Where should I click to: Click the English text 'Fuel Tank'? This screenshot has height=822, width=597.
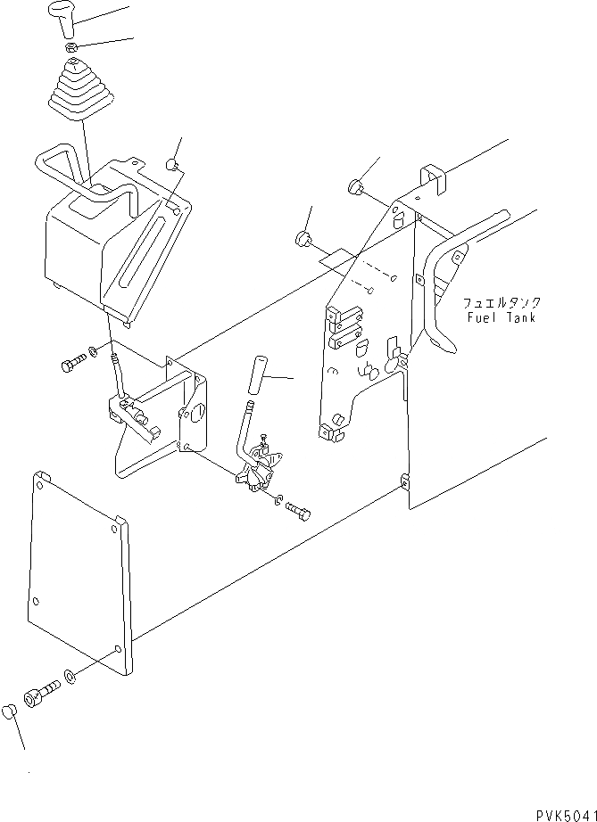(x=501, y=317)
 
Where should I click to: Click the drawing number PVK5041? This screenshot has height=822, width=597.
(x=565, y=814)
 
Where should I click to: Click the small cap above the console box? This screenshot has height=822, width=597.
(x=173, y=164)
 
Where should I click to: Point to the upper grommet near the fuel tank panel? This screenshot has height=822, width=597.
(x=355, y=187)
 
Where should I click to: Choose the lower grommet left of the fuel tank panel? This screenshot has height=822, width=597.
(x=303, y=238)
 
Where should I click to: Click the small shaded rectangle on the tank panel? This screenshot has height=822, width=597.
(x=337, y=260)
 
